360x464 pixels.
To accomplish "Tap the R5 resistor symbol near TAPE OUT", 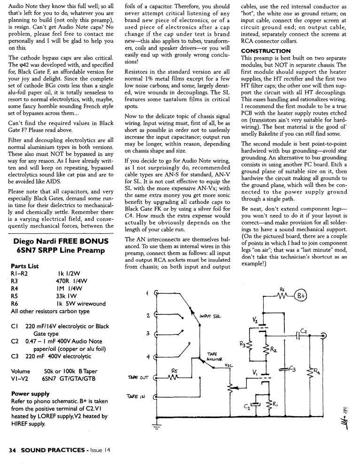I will click(175, 377).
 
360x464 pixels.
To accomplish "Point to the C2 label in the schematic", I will click(304, 331).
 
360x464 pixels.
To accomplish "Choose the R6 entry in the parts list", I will click(14, 304).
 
